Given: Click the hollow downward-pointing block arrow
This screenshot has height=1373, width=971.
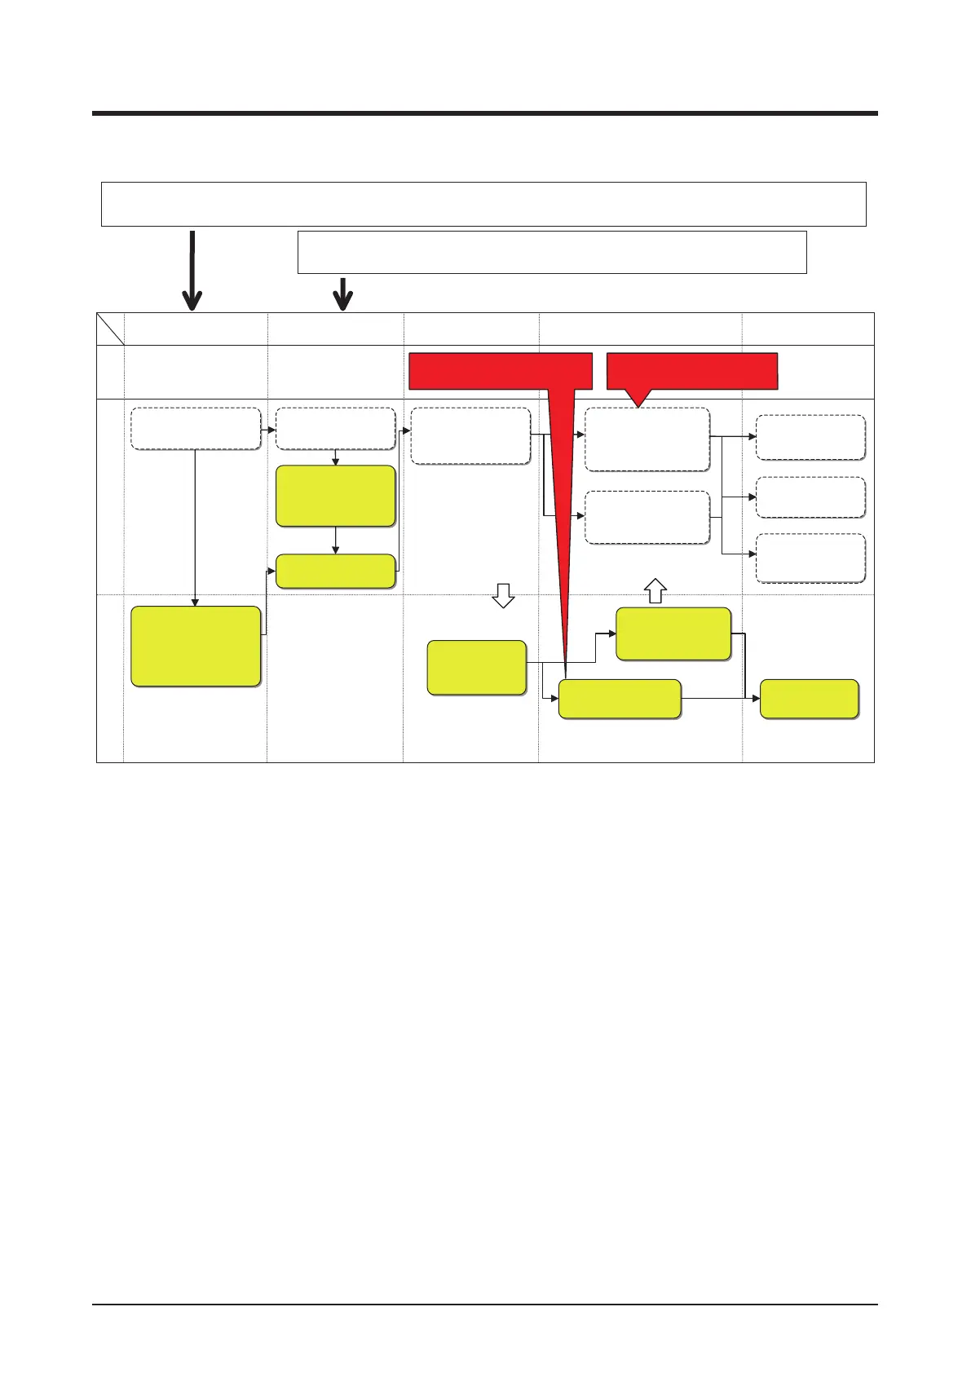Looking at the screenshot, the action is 503,596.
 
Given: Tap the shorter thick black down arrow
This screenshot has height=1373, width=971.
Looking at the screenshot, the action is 343,294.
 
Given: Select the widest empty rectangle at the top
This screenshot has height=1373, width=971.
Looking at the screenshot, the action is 483,204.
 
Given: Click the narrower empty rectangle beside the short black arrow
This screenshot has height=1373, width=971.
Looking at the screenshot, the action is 552,252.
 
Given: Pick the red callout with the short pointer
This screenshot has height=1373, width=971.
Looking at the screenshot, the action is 693,372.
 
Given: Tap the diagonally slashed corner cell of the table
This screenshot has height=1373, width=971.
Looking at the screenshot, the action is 110,329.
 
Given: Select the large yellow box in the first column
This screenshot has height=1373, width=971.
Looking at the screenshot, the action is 196,646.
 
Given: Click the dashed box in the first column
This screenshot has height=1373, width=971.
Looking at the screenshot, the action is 196,428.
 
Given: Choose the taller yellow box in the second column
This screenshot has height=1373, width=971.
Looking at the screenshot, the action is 336,496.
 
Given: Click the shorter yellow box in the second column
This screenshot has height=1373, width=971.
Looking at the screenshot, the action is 336,571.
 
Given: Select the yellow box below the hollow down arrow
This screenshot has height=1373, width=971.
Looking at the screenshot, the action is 477,667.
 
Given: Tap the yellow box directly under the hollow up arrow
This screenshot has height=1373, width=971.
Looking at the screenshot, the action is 673,634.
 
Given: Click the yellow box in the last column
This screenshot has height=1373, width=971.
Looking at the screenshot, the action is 809,699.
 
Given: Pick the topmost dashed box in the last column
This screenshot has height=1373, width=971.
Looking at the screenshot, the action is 810,438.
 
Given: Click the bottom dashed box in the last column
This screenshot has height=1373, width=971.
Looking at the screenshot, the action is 810,558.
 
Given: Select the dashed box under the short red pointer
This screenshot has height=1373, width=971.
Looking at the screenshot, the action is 647,439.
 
